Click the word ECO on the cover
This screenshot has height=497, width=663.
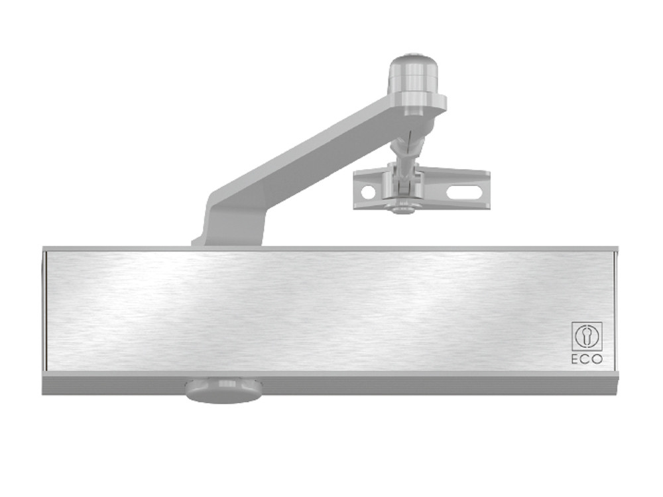[587, 359]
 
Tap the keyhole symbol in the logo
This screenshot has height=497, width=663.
[587, 337]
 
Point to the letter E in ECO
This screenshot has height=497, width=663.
[576, 359]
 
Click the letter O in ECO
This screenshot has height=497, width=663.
[597, 359]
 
